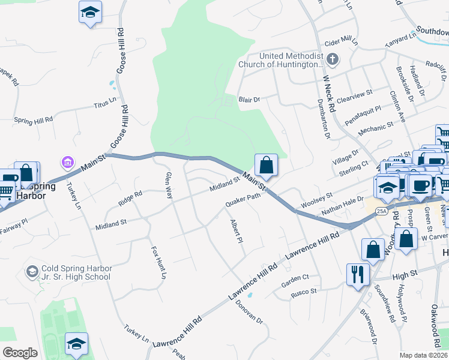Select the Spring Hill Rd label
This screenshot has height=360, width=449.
pos(33,119)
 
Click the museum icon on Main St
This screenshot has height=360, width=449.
pos(67,162)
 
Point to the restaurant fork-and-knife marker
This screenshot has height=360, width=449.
pos(358,275)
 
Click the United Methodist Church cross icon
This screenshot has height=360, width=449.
pos(334,59)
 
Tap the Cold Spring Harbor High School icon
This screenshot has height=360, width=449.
pos(32,272)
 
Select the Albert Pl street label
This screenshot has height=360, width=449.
pos(235,231)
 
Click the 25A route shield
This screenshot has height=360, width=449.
pos(381,211)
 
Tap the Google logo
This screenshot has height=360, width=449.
pos(20,353)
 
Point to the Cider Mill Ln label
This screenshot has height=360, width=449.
pos(340,43)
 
